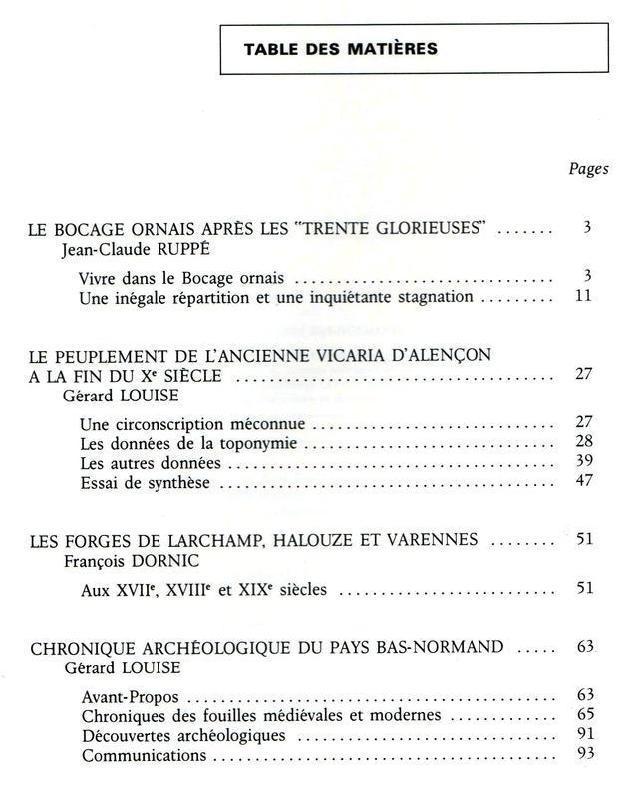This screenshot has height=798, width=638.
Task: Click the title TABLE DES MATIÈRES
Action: tap(340, 49)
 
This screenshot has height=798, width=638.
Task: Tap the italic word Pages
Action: tap(589, 169)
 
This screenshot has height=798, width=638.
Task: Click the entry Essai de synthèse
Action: tap(145, 484)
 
